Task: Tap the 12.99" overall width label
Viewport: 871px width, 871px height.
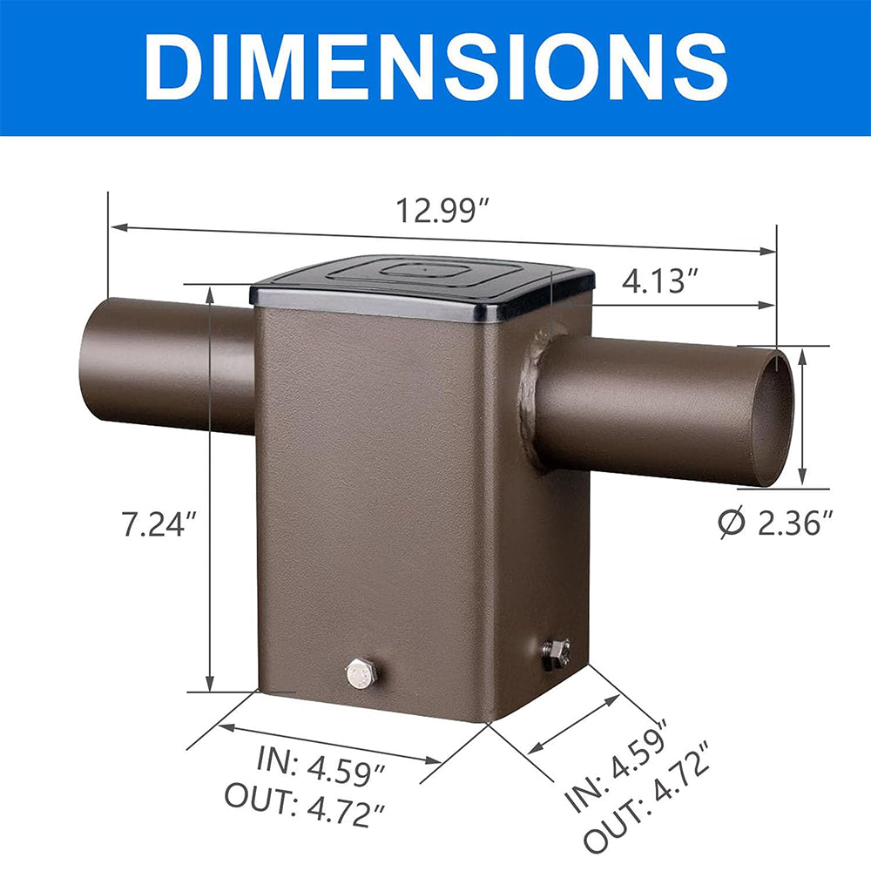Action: (442, 211)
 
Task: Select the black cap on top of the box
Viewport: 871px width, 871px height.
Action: (422, 283)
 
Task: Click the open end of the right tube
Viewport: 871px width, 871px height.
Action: (773, 416)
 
